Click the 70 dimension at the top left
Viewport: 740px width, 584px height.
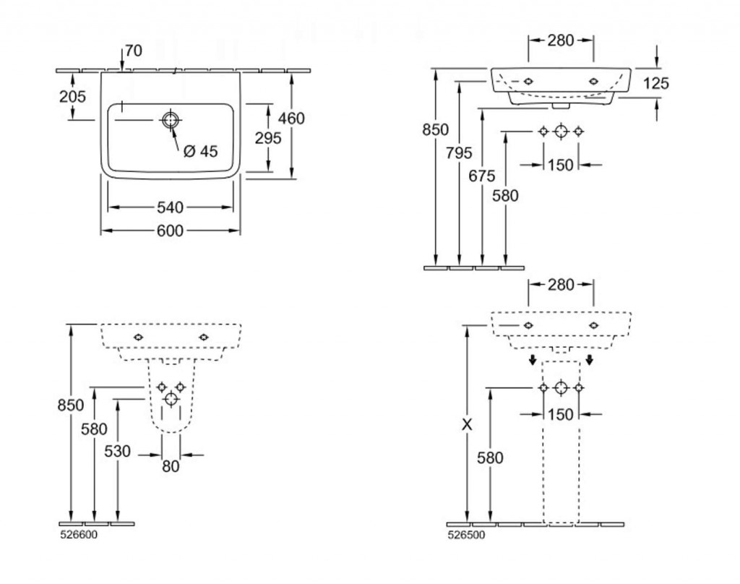click(x=133, y=51)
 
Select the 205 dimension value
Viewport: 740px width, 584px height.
click(x=72, y=96)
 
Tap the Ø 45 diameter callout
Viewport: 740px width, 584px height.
click(x=200, y=151)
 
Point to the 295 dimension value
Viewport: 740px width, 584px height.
click(x=268, y=137)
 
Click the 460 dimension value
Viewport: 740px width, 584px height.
click(x=292, y=118)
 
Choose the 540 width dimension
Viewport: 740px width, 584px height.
click(x=170, y=208)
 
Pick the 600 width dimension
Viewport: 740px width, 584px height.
click(x=170, y=231)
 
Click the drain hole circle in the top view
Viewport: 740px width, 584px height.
click(x=170, y=121)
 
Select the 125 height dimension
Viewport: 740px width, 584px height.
click(x=655, y=83)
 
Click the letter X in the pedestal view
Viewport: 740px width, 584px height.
click(x=468, y=426)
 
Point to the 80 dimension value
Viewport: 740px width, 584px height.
click(x=170, y=467)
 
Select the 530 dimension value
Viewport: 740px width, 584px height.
click(x=117, y=452)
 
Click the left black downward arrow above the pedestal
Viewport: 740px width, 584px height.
click(x=532, y=360)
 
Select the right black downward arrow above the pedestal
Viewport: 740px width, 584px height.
click(x=590, y=360)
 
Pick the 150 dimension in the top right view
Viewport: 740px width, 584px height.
click(x=560, y=165)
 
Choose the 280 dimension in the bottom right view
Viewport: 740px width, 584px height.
click(x=561, y=285)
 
